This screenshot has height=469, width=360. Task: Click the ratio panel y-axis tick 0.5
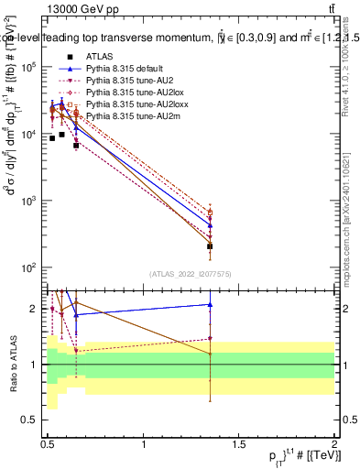pyautogui.click(x=35, y=420)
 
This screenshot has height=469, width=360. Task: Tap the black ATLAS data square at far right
pyautogui.click(x=211, y=246)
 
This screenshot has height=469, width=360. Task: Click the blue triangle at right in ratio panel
pyautogui.click(x=211, y=305)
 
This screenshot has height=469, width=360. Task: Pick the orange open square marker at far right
pyautogui.click(x=211, y=213)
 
